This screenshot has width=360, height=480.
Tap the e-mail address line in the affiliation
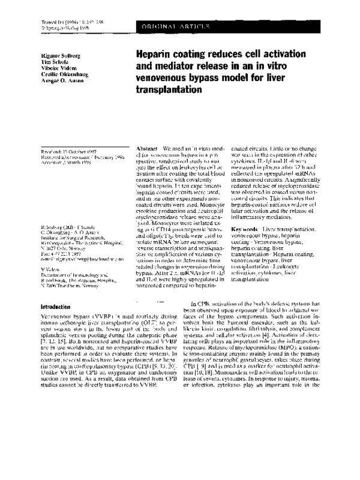[75, 256]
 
